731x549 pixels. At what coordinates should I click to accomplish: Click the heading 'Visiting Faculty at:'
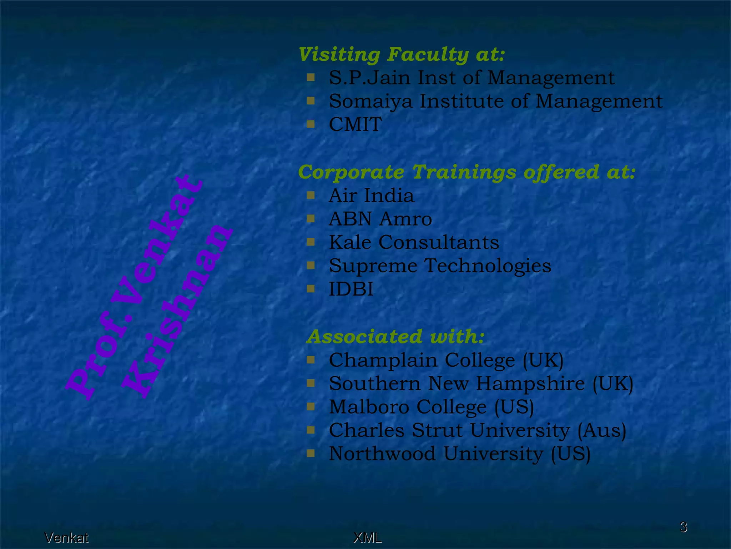point(402,55)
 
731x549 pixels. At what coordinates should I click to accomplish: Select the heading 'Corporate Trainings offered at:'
point(467,172)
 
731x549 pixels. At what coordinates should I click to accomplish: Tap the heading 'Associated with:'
point(395,337)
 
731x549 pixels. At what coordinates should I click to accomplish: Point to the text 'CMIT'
point(355,125)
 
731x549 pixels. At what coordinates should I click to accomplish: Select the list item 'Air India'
point(371,196)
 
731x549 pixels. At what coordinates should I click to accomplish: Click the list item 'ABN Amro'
point(380,219)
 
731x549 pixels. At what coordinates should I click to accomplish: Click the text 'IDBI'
point(351,289)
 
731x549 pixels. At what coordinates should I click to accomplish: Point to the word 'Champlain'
point(383,360)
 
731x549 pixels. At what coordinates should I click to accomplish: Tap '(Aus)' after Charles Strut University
point(602,431)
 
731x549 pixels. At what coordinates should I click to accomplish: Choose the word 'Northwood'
point(382,454)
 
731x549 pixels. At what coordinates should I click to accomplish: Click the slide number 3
point(683,527)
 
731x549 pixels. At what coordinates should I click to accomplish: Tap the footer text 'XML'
point(367,538)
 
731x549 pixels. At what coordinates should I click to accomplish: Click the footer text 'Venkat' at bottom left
point(66,538)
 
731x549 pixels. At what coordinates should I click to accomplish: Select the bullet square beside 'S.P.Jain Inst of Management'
point(311,77)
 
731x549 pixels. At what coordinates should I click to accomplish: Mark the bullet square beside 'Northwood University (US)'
point(311,453)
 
